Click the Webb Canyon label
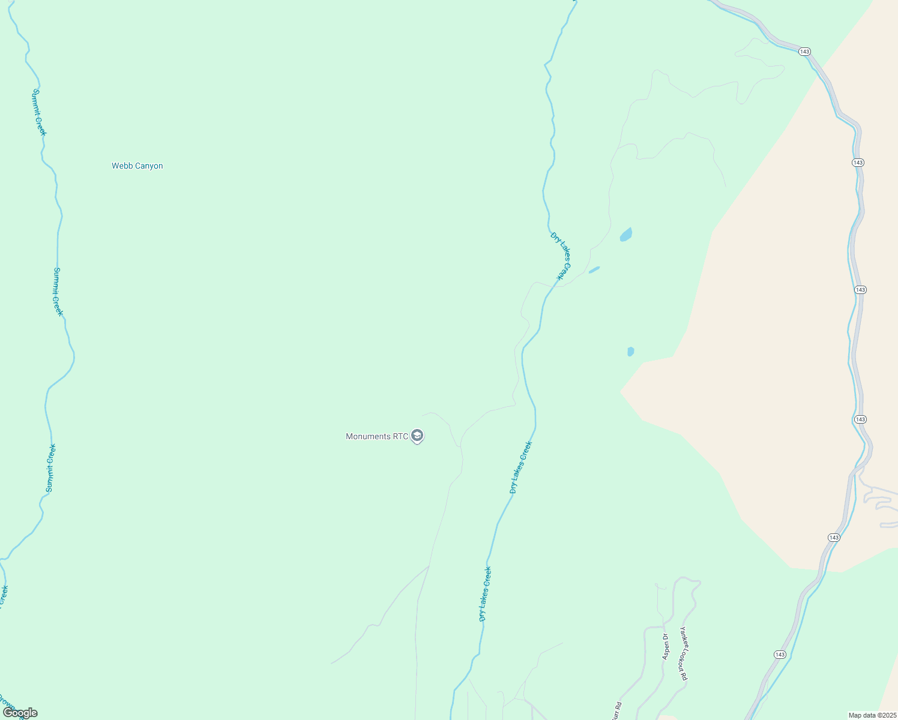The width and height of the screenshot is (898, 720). pos(137,166)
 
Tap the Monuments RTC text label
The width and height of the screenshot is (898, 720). pos(376,436)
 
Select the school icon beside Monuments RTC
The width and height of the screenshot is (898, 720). pos(418,436)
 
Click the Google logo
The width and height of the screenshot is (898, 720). pos(20,713)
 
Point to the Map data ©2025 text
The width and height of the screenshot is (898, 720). pos(871,715)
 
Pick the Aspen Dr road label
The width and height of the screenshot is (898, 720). pos(665,647)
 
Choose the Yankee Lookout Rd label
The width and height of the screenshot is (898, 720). pos(683,653)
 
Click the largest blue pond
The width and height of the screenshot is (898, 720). pos(626,235)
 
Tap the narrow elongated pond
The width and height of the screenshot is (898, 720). pos(594,270)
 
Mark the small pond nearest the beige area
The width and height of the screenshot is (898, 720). pos(630,352)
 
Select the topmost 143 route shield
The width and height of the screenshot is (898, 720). pos(805,52)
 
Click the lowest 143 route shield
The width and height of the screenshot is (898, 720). pos(780,655)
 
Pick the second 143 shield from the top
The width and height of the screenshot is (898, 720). pos(858,163)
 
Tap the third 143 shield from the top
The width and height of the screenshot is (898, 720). pos(860,290)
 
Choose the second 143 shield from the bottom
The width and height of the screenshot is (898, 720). pos(834,538)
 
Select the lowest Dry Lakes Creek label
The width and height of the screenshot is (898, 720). pos(485,594)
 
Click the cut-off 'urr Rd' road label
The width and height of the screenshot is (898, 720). pos(616,710)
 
